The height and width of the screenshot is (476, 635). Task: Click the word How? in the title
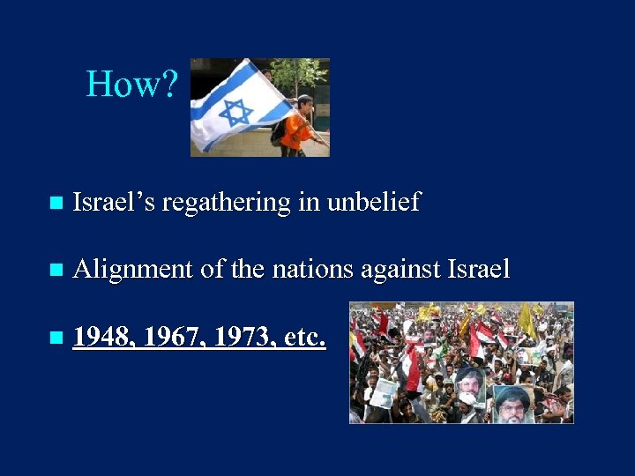click(132, 85)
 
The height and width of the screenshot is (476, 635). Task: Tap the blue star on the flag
click(235, 112)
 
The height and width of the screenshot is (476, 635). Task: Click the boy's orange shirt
click(295, 129)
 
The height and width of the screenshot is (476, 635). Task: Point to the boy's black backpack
click(280, 130)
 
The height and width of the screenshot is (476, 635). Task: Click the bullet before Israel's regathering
click(56, 204)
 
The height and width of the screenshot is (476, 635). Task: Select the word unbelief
click(373, 203)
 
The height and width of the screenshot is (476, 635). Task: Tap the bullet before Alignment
click(56, 270)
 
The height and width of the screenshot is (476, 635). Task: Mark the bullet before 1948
click(56, 337)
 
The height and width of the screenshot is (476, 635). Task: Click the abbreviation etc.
click(304, 336)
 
